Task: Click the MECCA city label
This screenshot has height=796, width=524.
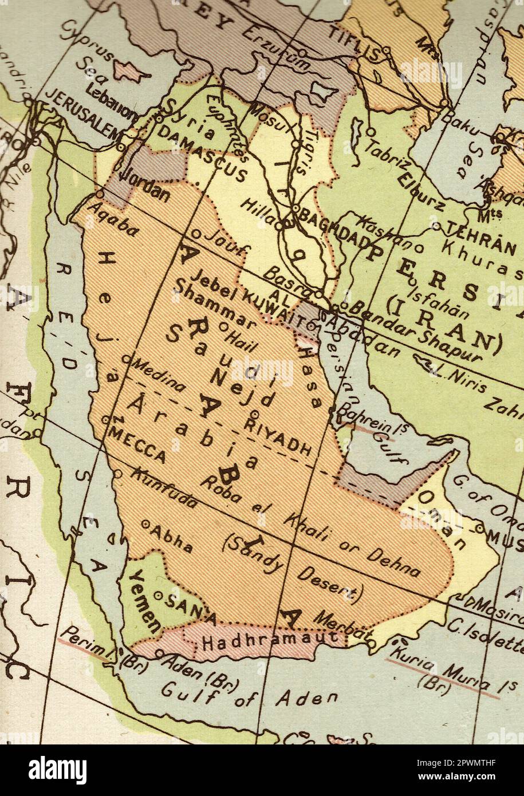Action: (139, 444)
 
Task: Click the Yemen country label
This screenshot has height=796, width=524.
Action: (143, 602)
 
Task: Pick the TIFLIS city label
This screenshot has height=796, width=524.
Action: (353, 44)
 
